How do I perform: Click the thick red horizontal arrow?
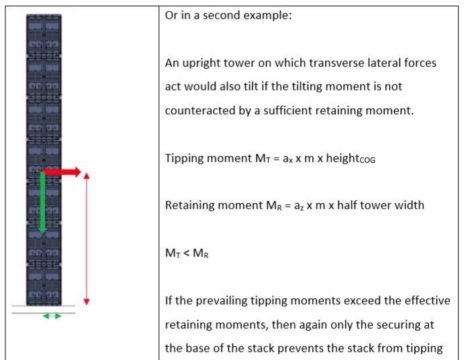62,172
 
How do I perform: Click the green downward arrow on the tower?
42,202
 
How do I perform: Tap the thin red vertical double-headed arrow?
87,239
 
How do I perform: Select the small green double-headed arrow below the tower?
52,316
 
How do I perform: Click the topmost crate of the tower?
44,35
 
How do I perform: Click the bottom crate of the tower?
44,285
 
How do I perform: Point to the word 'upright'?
201,63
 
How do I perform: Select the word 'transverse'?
336,62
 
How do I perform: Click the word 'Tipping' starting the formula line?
183,159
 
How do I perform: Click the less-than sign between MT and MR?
186,253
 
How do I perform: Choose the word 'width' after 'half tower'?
410,205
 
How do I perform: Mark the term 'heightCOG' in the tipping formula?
351,159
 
